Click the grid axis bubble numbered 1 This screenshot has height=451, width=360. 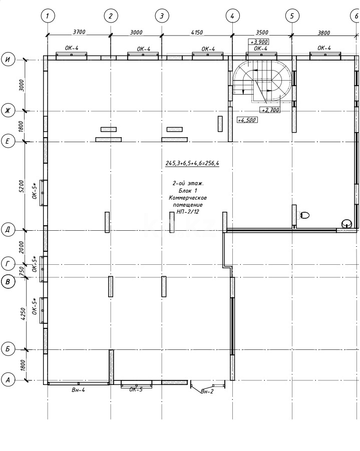(47, 16)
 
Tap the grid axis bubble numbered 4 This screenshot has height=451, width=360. (232, 16)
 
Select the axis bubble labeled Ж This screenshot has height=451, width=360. (8, 110)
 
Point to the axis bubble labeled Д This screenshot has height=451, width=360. (8, 230)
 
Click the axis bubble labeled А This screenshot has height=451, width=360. (8, 379)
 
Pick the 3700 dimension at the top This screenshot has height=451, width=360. (79, 32)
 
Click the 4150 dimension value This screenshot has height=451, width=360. (196, 32)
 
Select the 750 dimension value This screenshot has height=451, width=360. (21, 270)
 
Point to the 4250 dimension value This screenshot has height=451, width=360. (21, 313)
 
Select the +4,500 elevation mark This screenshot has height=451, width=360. (247, 120)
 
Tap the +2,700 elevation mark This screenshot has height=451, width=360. (270, 110)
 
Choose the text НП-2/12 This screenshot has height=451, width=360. (188, 212)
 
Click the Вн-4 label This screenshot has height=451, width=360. (78, 390)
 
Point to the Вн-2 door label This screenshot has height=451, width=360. (207, 391)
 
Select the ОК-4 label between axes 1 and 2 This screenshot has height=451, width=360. (72, 49)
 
